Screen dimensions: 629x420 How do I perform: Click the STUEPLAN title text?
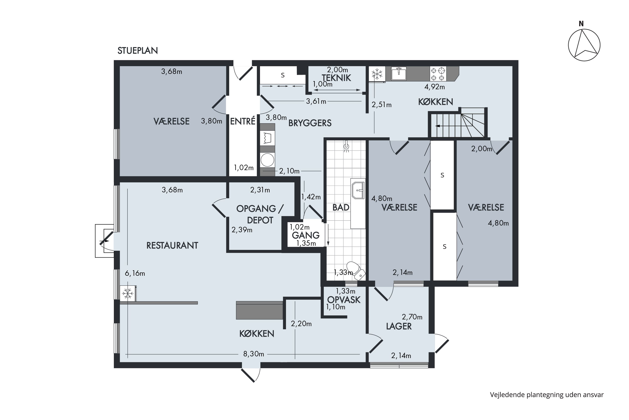click(138, 51)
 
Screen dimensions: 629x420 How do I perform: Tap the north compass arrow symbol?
click(584, 45)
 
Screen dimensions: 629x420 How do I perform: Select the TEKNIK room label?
click(336, 78)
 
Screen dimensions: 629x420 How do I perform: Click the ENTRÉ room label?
click(243, 121)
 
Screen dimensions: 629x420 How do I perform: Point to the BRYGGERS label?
click(310, 123)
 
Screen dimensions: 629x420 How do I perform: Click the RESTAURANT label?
click(172, 245)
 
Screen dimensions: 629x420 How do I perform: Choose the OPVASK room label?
click(344, 300)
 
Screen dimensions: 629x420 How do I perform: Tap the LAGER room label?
click(399, 326)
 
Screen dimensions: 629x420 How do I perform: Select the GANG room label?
click(306, 235)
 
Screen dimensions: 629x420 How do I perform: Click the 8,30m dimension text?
click(253, 354)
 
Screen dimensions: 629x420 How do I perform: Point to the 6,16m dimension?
click(135, 273)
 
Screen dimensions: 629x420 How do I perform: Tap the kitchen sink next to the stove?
click(399, 74)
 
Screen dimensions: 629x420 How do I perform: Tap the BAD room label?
click(341, 207)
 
